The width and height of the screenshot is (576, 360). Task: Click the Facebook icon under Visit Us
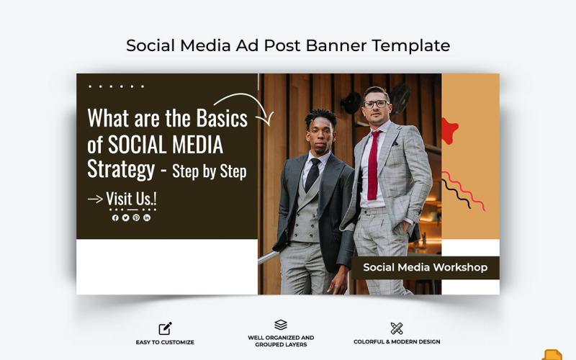pos(115,217)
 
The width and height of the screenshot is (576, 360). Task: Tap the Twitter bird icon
pos(125,217)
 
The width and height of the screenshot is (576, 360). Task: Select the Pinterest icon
pos(136,217)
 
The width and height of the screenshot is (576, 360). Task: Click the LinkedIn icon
pos(147,217)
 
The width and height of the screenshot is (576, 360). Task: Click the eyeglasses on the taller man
pos(374,104)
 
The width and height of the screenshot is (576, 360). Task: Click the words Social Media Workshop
pos(425,267)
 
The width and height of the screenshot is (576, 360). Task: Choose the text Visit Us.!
pos(131,198)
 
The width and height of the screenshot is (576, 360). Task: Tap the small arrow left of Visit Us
pos(95,199)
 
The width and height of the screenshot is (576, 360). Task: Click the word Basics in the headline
pos(216,117)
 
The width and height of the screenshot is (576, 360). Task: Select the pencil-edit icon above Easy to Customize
pos(165,328)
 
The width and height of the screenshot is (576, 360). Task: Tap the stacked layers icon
pos(281,325)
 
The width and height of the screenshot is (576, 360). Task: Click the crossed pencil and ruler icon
pos(397,328)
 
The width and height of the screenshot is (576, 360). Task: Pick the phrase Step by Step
pos(210,171)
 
